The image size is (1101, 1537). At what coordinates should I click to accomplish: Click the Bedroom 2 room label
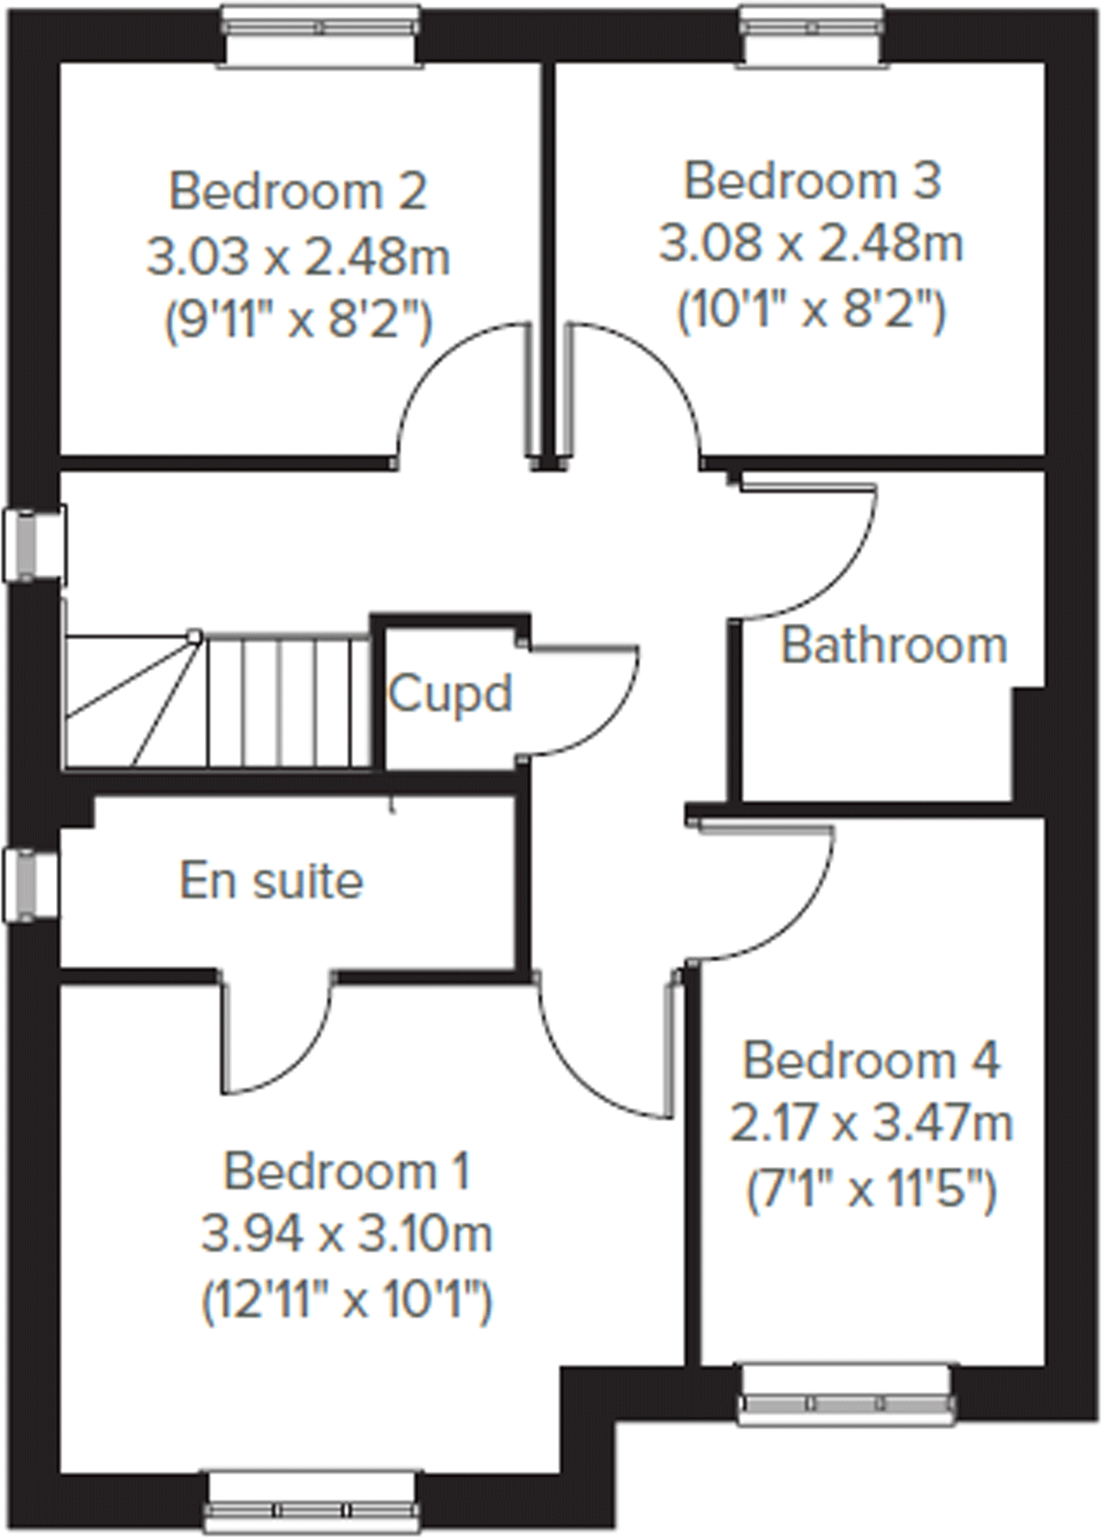pos(298,191)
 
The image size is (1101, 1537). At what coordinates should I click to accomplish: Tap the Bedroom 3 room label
pos(812,182)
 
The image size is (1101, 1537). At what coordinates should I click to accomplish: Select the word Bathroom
pos(894,646)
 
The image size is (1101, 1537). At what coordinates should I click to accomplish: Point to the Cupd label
pos(449,693)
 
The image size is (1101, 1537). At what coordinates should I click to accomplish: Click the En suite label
pos(271,881)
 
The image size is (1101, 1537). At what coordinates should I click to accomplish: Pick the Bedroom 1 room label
pos(347,1172)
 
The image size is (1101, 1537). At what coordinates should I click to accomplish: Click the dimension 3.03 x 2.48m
pos(298,257)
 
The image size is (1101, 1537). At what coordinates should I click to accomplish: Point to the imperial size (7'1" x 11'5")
pos(872,1190)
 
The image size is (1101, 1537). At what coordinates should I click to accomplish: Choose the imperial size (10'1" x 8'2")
pos(812,312)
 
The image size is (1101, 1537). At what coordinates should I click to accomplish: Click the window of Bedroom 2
pos(322,32)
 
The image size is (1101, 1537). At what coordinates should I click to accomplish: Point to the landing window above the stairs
pos(33,544)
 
